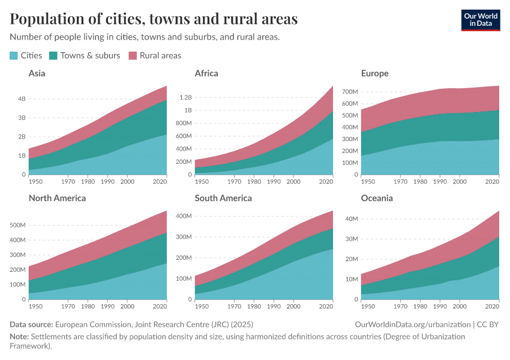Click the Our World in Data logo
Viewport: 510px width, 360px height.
point(480,20)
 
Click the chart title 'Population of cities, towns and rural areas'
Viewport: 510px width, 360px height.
point(154,19)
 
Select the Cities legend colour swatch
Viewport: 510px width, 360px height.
point(14,55)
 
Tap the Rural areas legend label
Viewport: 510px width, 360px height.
point(160,55)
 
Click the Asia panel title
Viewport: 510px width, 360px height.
point(37,73)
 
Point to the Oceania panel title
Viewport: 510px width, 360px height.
point(377,197)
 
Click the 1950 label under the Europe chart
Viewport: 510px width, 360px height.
point(368,181)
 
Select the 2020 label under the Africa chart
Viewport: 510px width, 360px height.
point(326,181)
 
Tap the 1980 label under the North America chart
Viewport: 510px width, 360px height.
point(88,306)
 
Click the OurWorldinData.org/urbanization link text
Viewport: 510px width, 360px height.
point(413,324)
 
